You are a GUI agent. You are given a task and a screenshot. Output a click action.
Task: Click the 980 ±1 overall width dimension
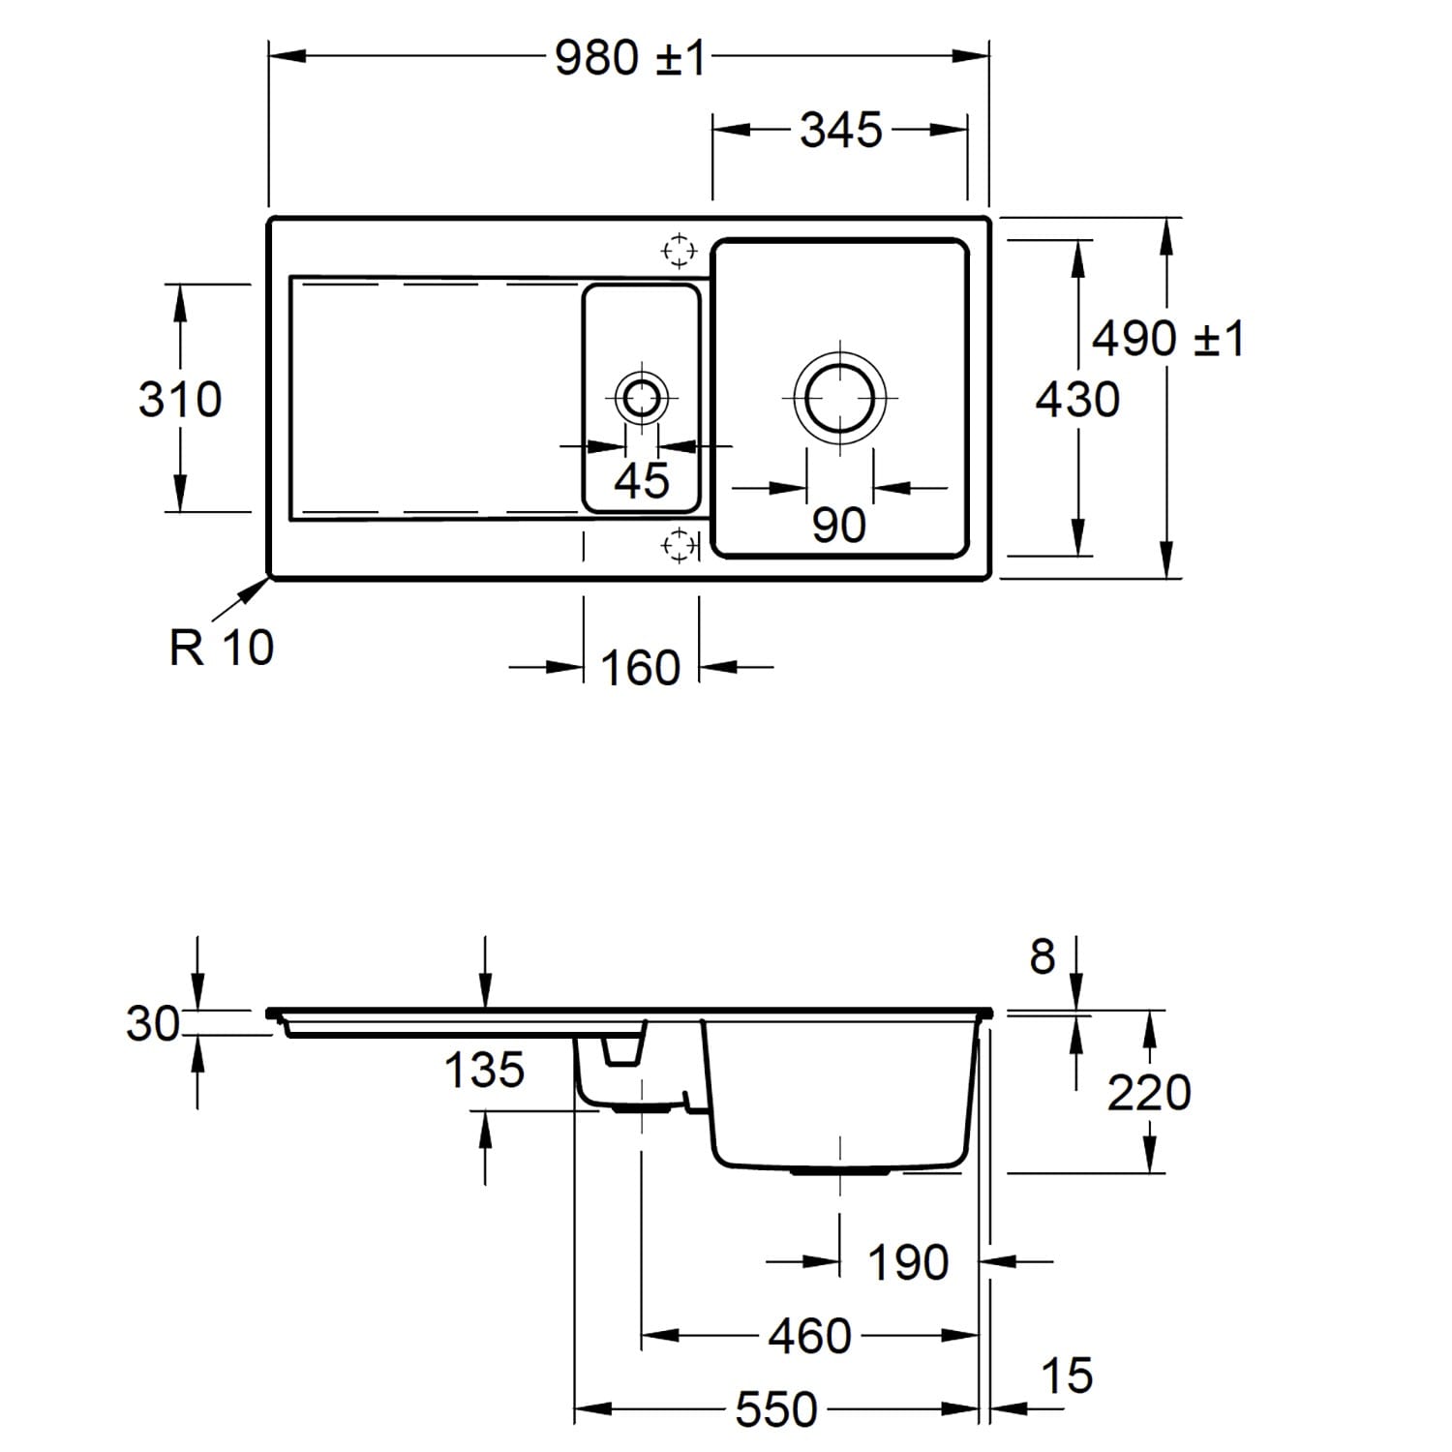tap(630, 58)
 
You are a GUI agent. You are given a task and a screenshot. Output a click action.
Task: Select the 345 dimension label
tap(841, 130)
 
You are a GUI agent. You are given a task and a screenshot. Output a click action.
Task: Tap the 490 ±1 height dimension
tap(1168, 339)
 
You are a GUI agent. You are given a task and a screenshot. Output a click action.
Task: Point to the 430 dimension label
tap(1077, 399)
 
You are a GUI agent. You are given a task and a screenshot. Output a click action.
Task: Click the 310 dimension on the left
tap(180, 399)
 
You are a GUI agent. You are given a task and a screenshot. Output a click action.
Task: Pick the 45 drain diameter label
tap(642, 480)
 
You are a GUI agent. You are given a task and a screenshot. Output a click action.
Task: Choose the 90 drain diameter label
tap(839, 526)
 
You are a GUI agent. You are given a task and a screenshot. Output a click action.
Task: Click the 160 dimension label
tap(641, 668)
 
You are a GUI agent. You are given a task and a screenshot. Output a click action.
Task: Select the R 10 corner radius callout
tap(222, 647)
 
